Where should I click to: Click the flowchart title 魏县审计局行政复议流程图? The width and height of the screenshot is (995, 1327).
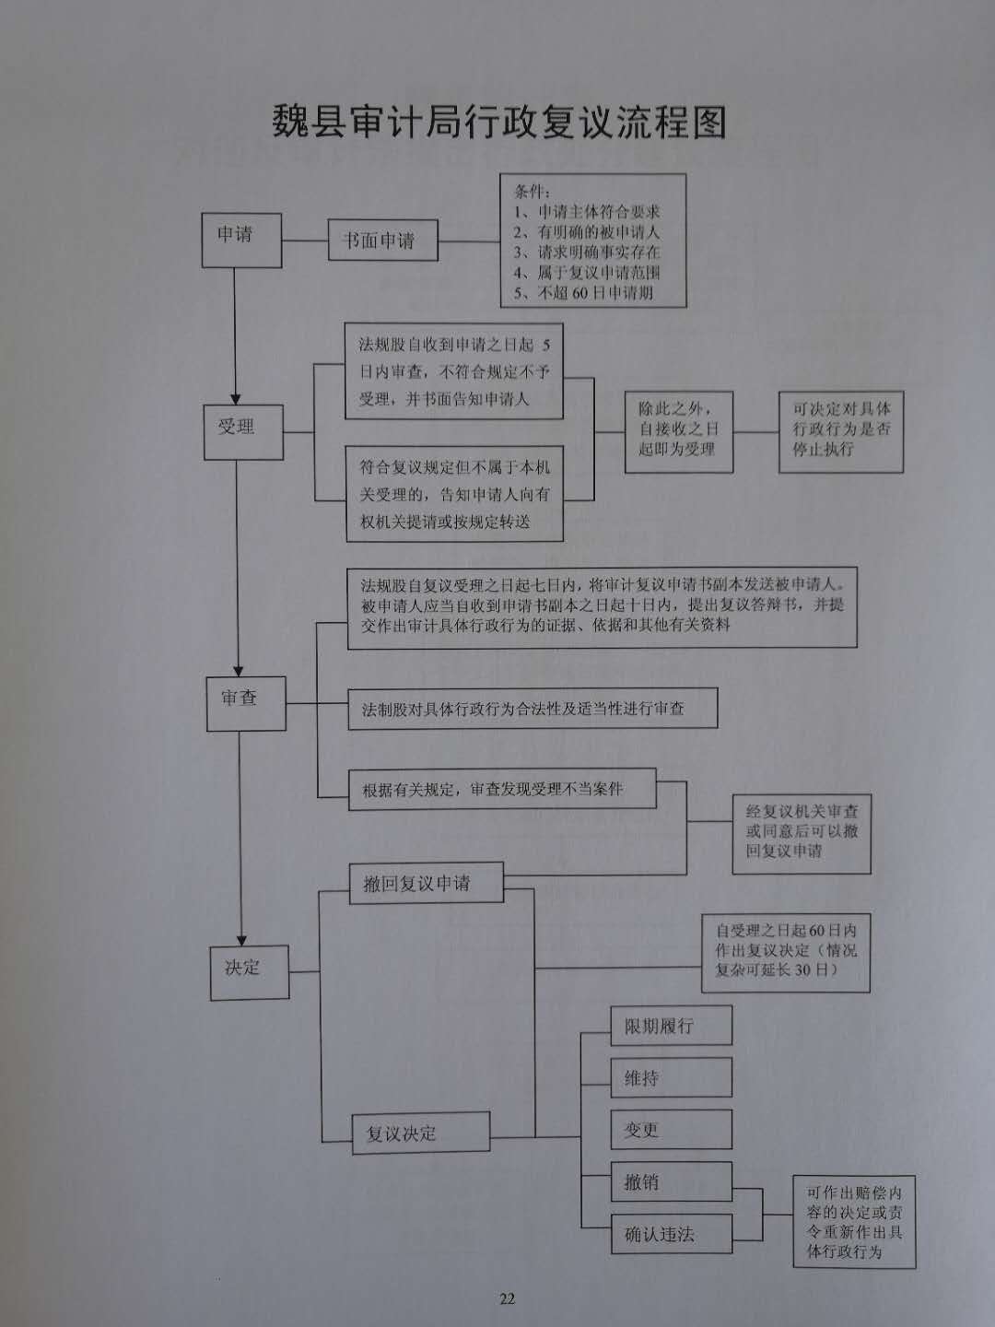(499, 123)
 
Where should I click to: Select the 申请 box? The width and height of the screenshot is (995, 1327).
(241, 240)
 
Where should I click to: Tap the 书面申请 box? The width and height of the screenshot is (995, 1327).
(383, 240)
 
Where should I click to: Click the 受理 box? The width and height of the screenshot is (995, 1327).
(243, 432)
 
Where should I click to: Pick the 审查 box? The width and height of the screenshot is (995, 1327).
(247, 704)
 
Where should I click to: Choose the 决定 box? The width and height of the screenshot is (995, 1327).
(250, 973)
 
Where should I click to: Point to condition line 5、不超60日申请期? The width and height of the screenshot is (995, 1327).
(583, 293)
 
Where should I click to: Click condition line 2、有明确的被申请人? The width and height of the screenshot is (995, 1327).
(587, 232)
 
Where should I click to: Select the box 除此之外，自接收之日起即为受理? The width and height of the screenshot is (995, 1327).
(679, 431)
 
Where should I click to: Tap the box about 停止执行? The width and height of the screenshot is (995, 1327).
(841, 431)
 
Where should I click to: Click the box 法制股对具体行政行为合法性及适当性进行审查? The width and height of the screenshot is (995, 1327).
(533, 708)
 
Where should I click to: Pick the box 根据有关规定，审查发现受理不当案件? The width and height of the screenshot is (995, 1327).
(503, 789)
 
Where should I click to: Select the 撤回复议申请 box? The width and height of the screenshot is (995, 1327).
(427, 883)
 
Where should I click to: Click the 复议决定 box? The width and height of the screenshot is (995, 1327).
(421, 1133)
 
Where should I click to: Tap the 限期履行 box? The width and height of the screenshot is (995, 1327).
(672, 1026)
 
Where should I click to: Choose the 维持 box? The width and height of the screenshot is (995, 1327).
(672, 1078)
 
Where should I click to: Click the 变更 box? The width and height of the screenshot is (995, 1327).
(672, 1129)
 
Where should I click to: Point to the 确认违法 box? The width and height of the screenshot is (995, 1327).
(672, 1234)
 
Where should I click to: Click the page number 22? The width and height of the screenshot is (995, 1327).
(508, 1298)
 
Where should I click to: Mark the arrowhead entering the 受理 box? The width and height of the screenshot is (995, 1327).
(236, 400)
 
